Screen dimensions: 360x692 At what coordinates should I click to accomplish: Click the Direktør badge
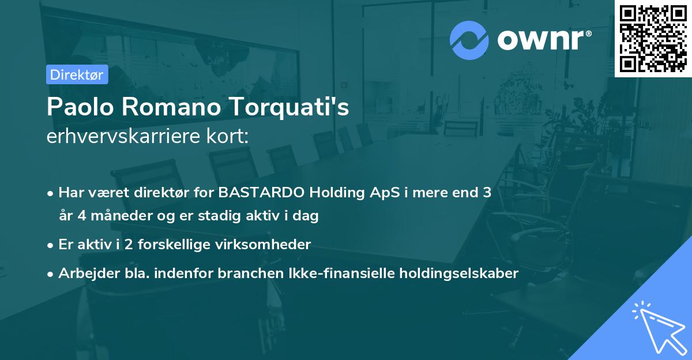click(x=77, y=74)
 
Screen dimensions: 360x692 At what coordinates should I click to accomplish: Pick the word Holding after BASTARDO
click(x=336, y=192)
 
